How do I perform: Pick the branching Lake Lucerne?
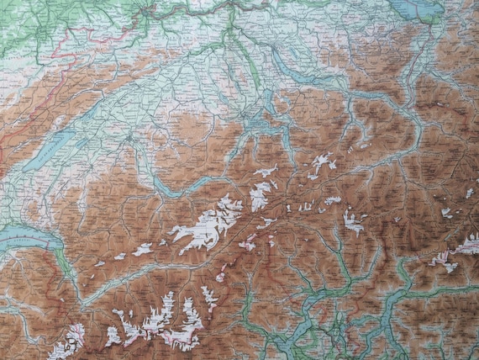256,126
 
